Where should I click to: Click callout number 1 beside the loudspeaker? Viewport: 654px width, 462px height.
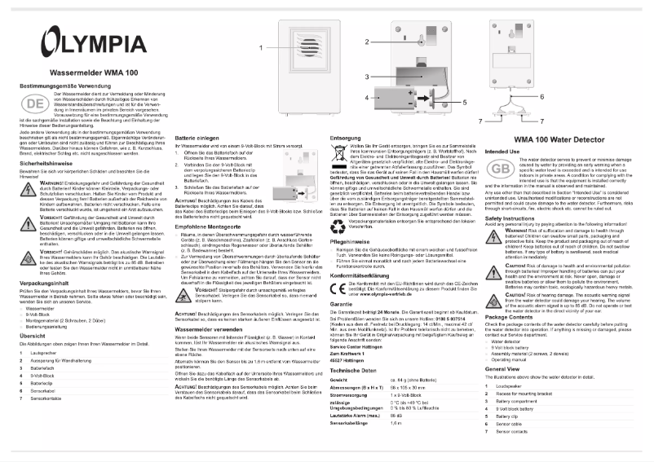(x=263, y=49)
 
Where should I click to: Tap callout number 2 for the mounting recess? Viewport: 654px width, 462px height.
(x=368, y=41)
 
